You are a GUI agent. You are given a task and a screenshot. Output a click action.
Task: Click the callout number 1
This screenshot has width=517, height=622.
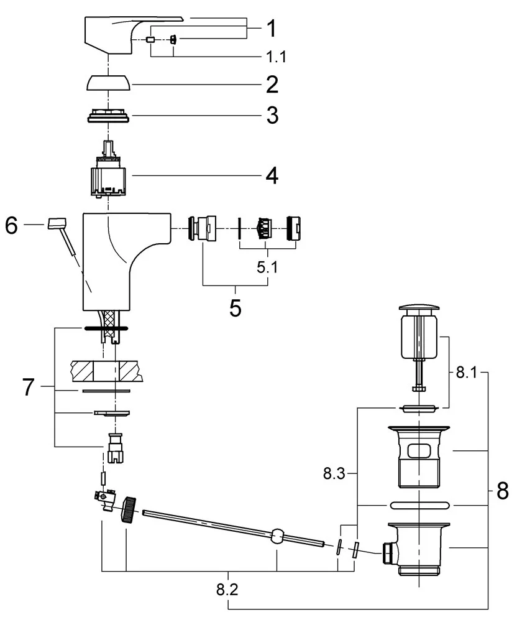click(271, 28)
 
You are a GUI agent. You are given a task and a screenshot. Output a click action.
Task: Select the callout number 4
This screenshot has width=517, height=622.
click(271, 176)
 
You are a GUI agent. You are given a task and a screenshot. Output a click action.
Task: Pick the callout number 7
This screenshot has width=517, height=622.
click(27, 388)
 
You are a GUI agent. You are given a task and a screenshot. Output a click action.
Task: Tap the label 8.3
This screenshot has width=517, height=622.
click(334, 474)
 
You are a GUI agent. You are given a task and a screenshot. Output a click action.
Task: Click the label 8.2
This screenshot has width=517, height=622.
click(228, 588)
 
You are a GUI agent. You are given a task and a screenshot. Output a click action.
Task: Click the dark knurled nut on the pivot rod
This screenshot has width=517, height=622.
click(129, 510)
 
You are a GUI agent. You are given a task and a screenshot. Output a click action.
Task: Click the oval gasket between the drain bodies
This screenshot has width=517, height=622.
click(421, 504)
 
